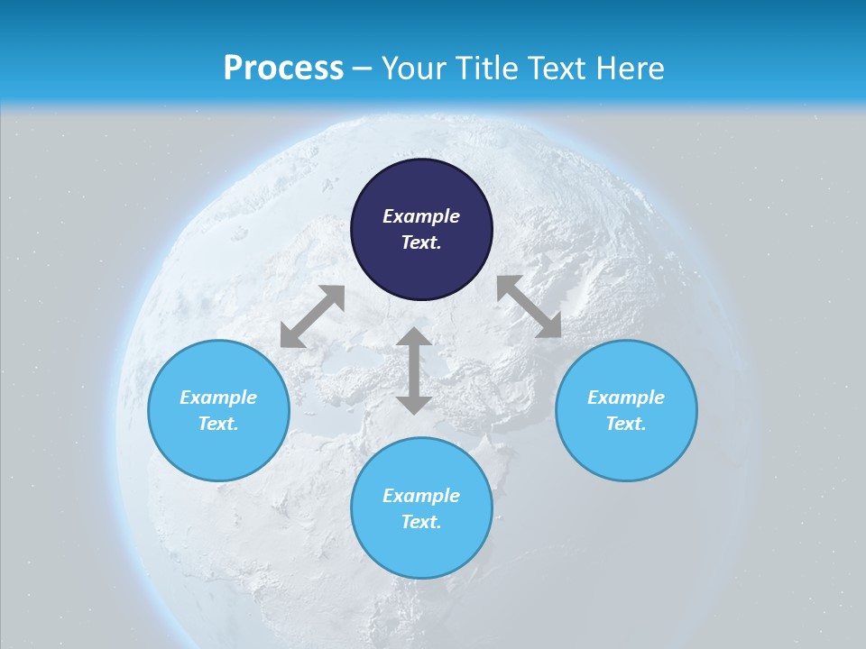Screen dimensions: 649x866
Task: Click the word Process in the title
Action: pyautogui.click(x=283, y=69)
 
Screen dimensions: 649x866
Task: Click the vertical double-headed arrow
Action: pyautogui.click(x=414, y=370)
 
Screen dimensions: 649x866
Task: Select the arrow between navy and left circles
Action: pyautogui.click(x=312, y=316)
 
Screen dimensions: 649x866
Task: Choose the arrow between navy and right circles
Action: pyautogui.click(x=529, y=306)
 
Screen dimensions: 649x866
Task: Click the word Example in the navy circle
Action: pyautogui.click(x=421, y=216)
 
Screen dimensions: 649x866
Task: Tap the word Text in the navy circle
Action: pyautogui.click(x=421, y=242)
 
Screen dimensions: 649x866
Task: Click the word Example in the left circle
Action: pyautogui.click(x=218, y=398)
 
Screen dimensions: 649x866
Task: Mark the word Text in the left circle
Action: pyautogui.click(x=218, y=424)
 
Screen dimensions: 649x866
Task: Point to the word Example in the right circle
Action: pyautogui.click(x=626, y=398)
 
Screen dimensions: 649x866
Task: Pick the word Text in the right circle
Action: pyautogui.click(x=626, y=424)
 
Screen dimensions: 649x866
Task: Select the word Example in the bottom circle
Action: pyautogui.click(x=421, y=496)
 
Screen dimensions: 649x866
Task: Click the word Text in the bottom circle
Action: pyautogui.click(x=421, y=522)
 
